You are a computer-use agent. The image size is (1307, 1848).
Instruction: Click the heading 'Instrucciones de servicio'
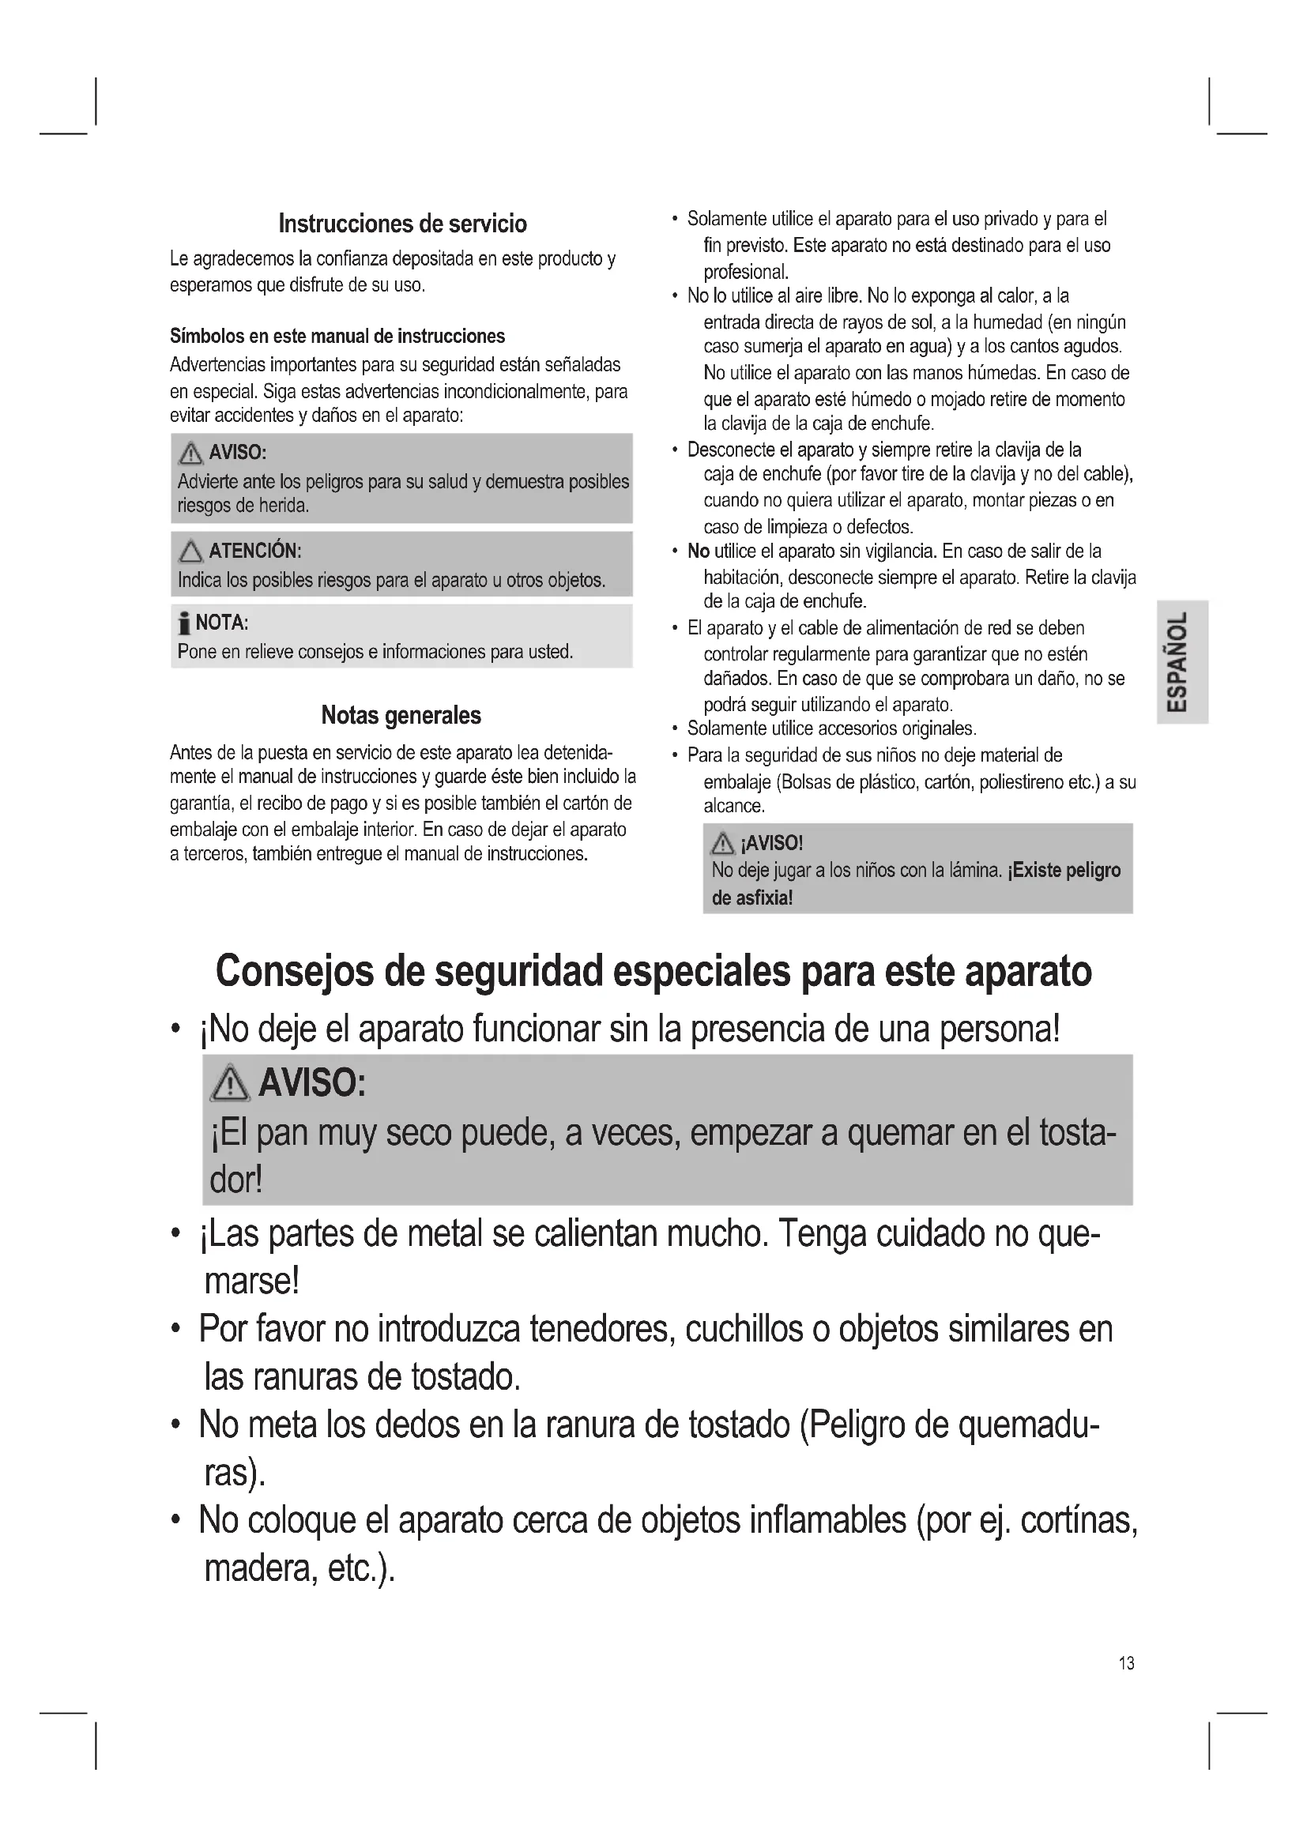click(402, 224)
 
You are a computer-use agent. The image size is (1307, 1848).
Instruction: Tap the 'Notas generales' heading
click(401, 715)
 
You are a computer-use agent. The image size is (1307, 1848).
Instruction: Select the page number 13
click(1126, 1662)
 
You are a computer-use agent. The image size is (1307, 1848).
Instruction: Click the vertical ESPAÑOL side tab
click(1181, 661)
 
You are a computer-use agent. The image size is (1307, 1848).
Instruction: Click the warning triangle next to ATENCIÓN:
click(190, 551)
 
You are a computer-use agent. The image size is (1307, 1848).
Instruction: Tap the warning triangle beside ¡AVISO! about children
click(722, 843)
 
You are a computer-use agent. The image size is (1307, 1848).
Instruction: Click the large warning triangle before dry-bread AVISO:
click(230, 1082)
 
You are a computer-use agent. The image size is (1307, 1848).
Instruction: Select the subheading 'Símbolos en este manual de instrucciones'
click(337, 337)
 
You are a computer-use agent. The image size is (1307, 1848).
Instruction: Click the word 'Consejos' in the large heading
click(295, 971)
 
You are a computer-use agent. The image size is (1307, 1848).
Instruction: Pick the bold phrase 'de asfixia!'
click(751, 898)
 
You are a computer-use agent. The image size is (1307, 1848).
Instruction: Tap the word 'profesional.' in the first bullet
click(745, 272)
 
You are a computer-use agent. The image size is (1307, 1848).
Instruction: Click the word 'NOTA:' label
click(222, 623)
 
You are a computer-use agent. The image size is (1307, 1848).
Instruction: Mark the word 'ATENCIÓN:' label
click(255, 551)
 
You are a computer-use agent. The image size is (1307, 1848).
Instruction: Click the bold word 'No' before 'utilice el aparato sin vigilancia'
click(698, 551)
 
